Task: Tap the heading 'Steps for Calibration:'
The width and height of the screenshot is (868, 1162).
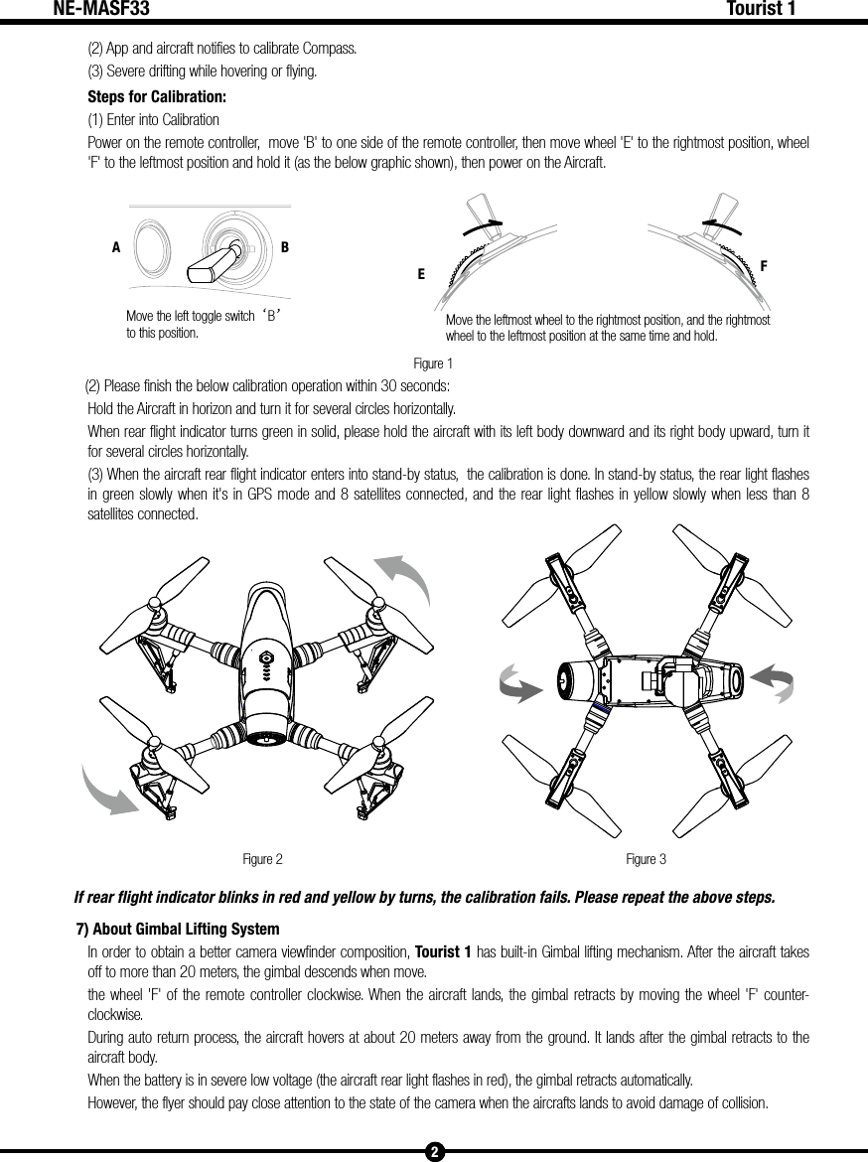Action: [157, 97]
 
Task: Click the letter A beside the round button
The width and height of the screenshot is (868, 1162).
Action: [116, 248]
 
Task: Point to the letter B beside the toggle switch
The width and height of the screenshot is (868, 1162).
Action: [285, 248]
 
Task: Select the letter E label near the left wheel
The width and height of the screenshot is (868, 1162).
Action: [421, 274]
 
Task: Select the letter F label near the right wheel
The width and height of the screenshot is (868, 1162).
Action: [765, 267]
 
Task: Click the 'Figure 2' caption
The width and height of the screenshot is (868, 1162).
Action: [263, 858]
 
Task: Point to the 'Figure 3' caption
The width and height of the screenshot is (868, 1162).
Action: [646, 858]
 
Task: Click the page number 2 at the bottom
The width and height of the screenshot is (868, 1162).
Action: [434, 1151]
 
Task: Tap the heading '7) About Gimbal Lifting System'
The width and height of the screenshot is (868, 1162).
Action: [178, 929]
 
